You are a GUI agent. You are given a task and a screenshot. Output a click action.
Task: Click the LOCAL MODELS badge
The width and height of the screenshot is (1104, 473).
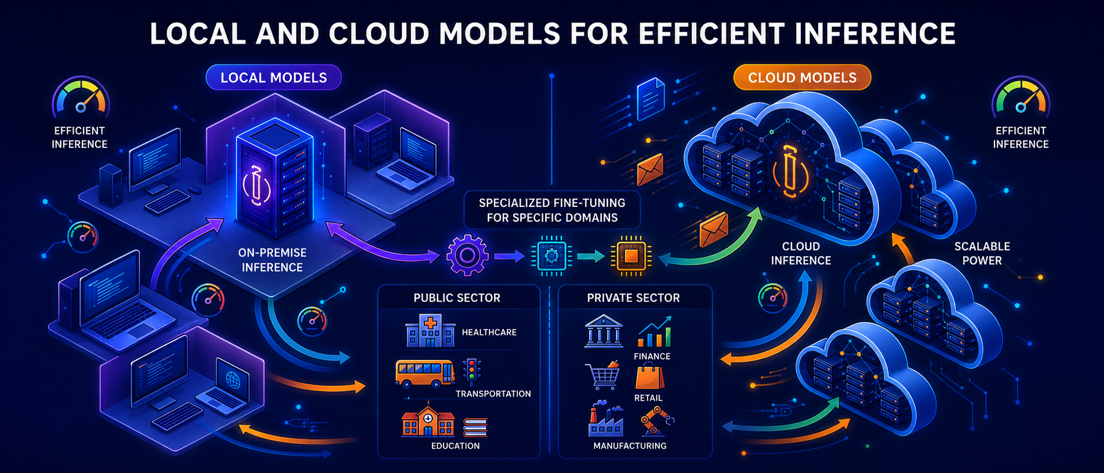point(274,78)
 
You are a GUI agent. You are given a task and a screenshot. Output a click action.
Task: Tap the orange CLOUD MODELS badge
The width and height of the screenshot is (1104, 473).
point(802,78)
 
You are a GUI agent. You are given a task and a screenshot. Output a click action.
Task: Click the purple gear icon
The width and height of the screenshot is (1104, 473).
point(467,255)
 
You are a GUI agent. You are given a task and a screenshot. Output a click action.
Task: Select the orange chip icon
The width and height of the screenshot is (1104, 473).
point(631,256)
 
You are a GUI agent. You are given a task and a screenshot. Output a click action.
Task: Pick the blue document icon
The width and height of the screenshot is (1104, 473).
point(651,99)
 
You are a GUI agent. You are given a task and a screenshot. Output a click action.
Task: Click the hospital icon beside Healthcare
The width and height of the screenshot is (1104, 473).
point(430,331)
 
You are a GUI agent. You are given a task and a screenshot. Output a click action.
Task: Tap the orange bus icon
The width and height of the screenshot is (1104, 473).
point(425,373)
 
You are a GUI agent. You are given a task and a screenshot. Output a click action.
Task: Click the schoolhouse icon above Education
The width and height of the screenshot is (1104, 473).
point(428,422)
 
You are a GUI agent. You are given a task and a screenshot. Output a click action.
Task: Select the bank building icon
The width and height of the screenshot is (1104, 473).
point(604,331)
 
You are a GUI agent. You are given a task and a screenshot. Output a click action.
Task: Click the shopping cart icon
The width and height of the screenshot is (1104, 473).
point(602,376)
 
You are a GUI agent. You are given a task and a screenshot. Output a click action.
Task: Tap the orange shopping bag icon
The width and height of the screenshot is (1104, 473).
point(650,376)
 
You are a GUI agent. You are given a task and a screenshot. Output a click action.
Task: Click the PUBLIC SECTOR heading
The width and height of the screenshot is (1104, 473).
point(457,298)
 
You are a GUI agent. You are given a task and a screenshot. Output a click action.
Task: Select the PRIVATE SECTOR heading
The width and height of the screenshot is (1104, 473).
point(633,298)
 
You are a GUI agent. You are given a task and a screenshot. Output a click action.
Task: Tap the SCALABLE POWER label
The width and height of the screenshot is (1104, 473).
point(982,253)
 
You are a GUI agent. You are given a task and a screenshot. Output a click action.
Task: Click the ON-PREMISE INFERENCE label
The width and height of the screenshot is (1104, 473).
point(272,260)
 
